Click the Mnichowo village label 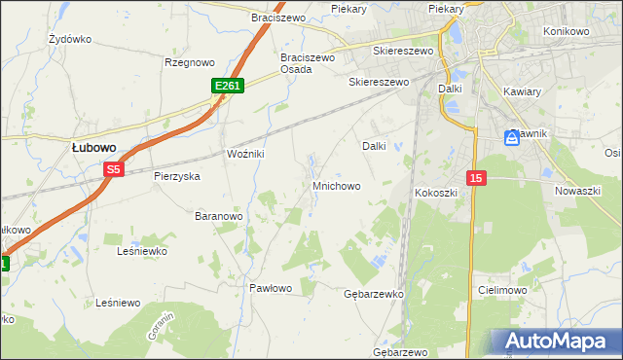click(x=336, y=185)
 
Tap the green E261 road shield click(x=228, y=87)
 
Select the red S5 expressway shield click(x=114, y=169)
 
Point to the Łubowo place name click(x=94, y=147)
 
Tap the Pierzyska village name click(x=177, y=176)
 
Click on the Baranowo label click(x=218, y=215)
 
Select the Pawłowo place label click(x=270, y=288)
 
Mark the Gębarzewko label click(x=374, y=293)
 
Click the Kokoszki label click(x=436, y=193)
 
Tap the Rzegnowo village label click(x=189, y=62)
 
